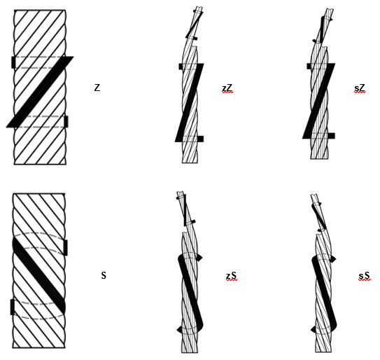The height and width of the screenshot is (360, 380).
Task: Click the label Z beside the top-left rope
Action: point(97,88)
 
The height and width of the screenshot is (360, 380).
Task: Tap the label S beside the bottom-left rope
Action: point(104,275)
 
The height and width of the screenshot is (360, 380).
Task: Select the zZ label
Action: point(227,88)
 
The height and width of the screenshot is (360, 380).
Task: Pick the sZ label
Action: point(360,88)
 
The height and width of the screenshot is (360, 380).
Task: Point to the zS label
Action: point(232,276)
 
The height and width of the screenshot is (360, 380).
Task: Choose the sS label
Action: point(364,276)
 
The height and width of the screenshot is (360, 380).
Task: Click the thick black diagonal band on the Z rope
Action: point(40,92)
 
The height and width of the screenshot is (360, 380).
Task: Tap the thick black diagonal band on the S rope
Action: point(38,276)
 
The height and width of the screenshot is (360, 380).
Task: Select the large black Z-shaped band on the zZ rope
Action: point(190,103)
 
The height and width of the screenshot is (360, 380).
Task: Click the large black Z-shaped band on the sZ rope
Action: point(319,101)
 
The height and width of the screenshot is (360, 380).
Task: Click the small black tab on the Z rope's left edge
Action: point(13,62)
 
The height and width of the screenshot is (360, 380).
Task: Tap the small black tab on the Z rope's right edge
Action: point(66,122)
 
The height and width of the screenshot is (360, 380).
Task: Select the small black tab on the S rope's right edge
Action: point(66,247)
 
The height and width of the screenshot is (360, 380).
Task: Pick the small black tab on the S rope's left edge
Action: point(12,307)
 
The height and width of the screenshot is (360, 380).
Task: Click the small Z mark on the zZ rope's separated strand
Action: point(194,25)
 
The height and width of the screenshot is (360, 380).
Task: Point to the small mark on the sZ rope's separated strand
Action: point(322,29)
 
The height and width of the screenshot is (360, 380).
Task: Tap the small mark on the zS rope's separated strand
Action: point(185,210)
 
